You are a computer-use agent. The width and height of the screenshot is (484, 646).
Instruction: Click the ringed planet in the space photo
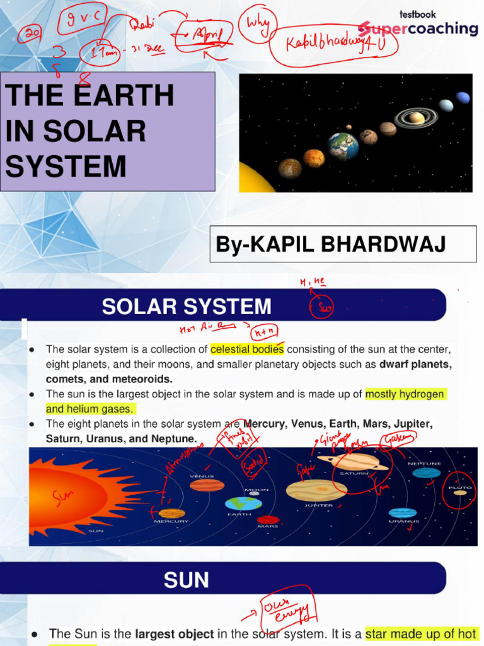(416, 117)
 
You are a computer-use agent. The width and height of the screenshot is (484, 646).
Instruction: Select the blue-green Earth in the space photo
(343, 146)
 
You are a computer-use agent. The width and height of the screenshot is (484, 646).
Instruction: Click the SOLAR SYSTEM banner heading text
(187, 307)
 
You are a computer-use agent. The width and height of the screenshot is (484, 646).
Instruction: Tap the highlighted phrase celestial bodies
(247, 349)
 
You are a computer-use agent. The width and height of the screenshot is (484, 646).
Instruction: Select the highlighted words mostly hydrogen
(405, 394)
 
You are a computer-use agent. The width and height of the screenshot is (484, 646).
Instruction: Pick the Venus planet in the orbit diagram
(207, 485)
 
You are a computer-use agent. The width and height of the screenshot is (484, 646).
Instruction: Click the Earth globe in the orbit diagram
(243, 503)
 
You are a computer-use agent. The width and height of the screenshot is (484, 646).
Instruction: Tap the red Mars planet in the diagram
(268, 520)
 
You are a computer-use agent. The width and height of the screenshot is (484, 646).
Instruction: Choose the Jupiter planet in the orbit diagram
(316, 490)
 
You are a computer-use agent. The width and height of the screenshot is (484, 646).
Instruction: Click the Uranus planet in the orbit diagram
(402, 512)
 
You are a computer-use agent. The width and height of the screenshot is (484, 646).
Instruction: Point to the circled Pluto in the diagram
(460, 493)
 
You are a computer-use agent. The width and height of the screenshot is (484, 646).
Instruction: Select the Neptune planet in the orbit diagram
(427, 473)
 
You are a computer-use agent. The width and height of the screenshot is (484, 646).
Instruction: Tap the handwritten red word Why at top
(257, 25)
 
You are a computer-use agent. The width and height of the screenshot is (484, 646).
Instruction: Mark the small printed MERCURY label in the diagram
(171, 521)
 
